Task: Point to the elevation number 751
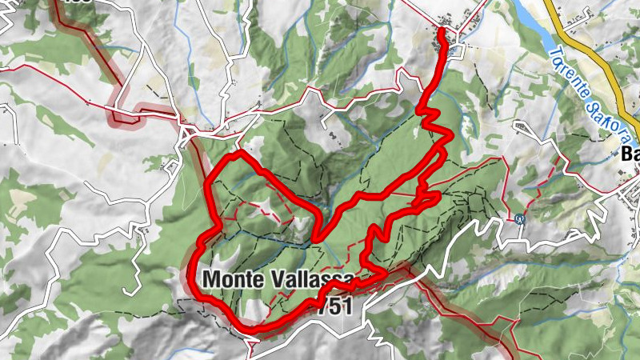[334, 306]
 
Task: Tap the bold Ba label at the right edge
[630, 156]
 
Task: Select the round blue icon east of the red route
[520, 217]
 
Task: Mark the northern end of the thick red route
[443, 32]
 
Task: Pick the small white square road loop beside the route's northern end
[457, 51]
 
